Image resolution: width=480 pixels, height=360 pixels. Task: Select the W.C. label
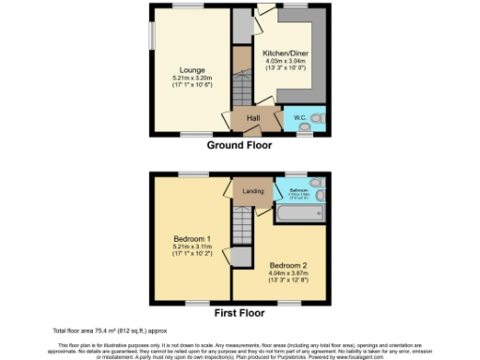click(299, 118)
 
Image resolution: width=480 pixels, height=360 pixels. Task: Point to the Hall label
click(253, 118)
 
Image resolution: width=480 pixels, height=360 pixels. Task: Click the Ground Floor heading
click(239, 146)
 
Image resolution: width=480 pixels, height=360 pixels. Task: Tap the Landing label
click(252, 192)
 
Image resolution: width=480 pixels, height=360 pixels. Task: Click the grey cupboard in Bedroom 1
click(243, 256)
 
